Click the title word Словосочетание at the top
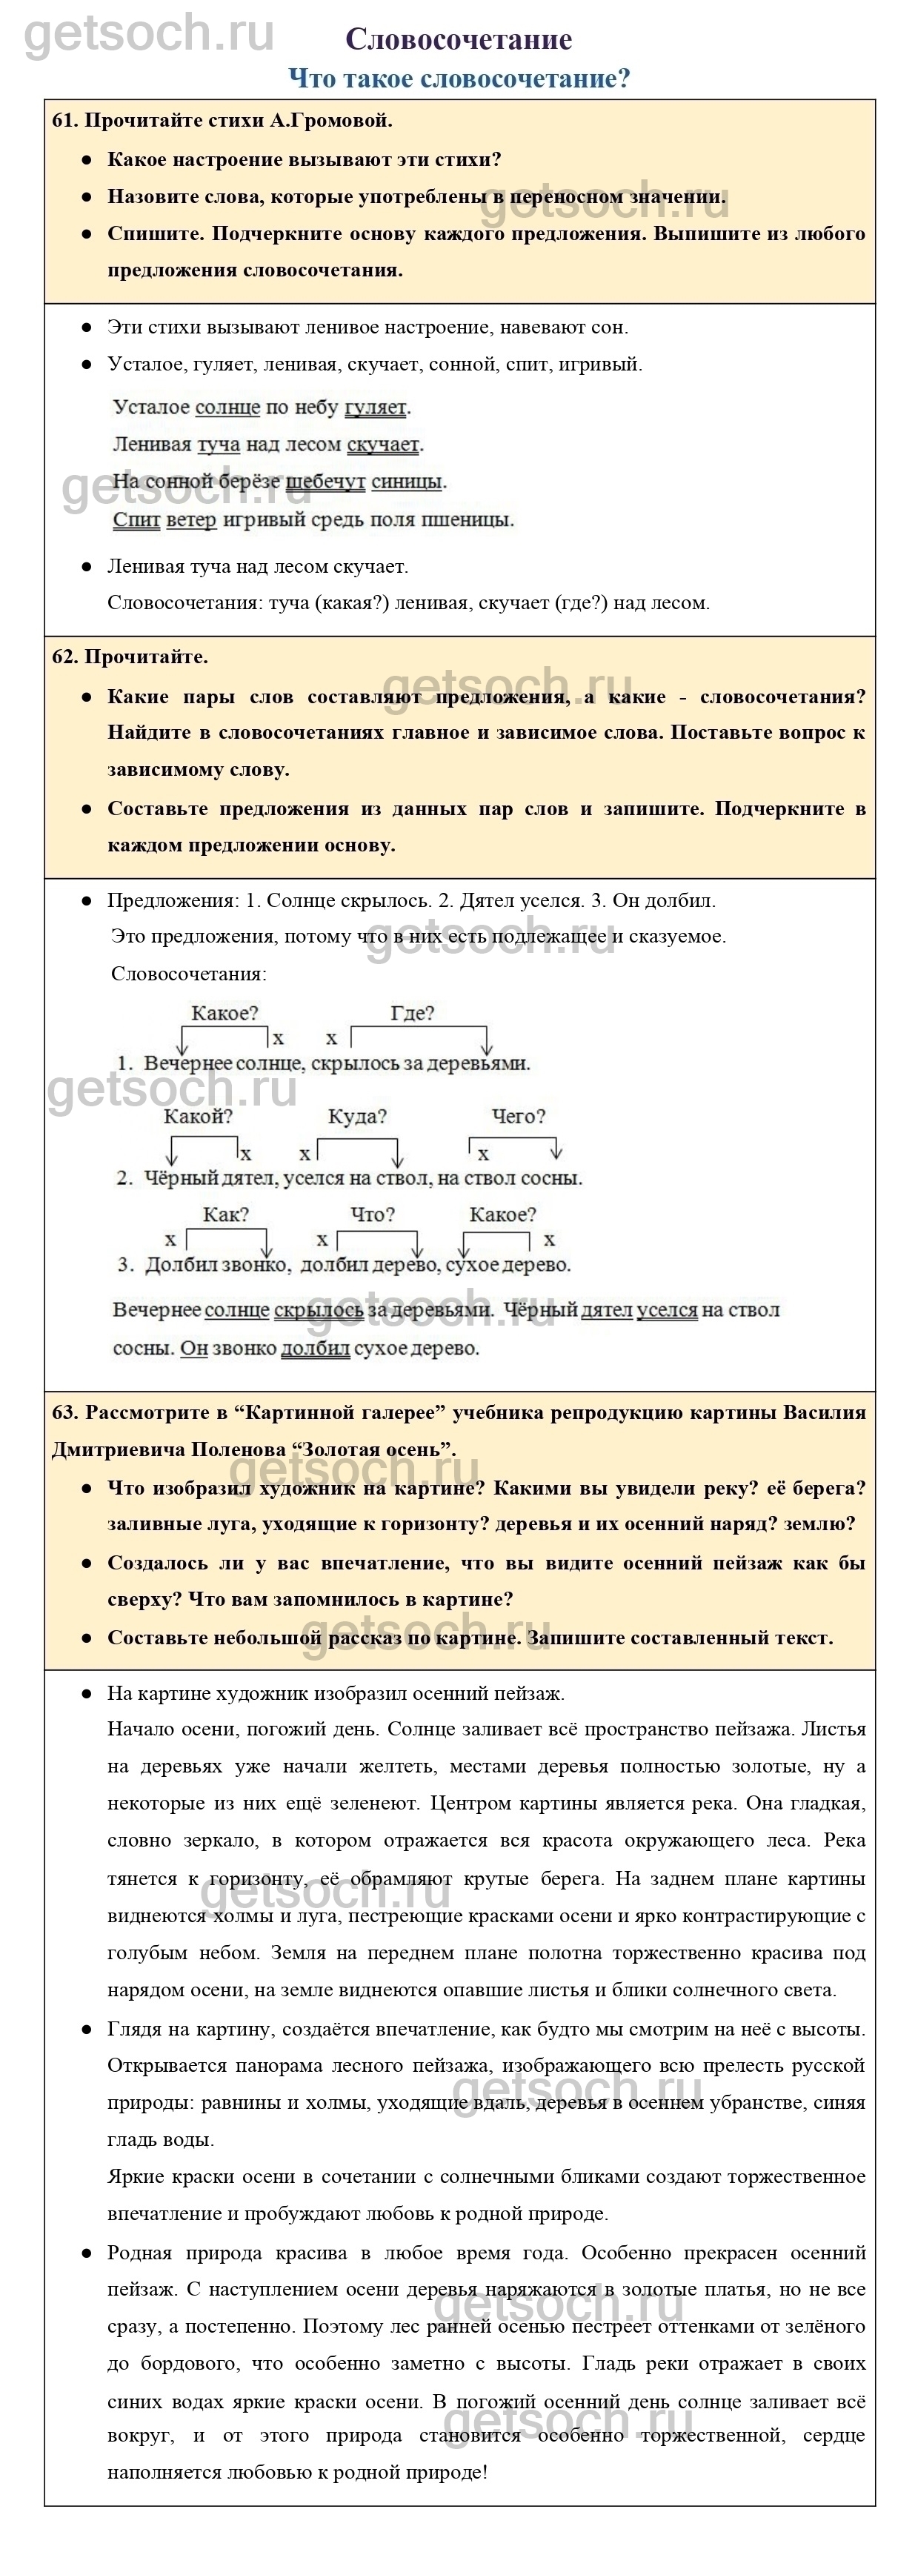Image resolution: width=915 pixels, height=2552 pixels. [459, 39]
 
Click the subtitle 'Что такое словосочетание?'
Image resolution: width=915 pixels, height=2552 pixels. [459, 79]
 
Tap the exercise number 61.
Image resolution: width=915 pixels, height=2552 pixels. [64, 121]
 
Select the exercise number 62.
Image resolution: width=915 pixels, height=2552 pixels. [64, 657]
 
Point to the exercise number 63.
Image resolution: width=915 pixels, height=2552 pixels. [64, 1412]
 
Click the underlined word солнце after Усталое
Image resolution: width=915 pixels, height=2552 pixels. [227, 407]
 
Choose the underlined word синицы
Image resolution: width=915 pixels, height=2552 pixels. [406, 482]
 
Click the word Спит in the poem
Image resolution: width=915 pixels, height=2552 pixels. [136, 520]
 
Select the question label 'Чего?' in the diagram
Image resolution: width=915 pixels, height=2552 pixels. [518, 1117]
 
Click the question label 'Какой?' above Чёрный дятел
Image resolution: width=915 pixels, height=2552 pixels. [198, 1117]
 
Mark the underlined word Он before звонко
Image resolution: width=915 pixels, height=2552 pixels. [194, 1349]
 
